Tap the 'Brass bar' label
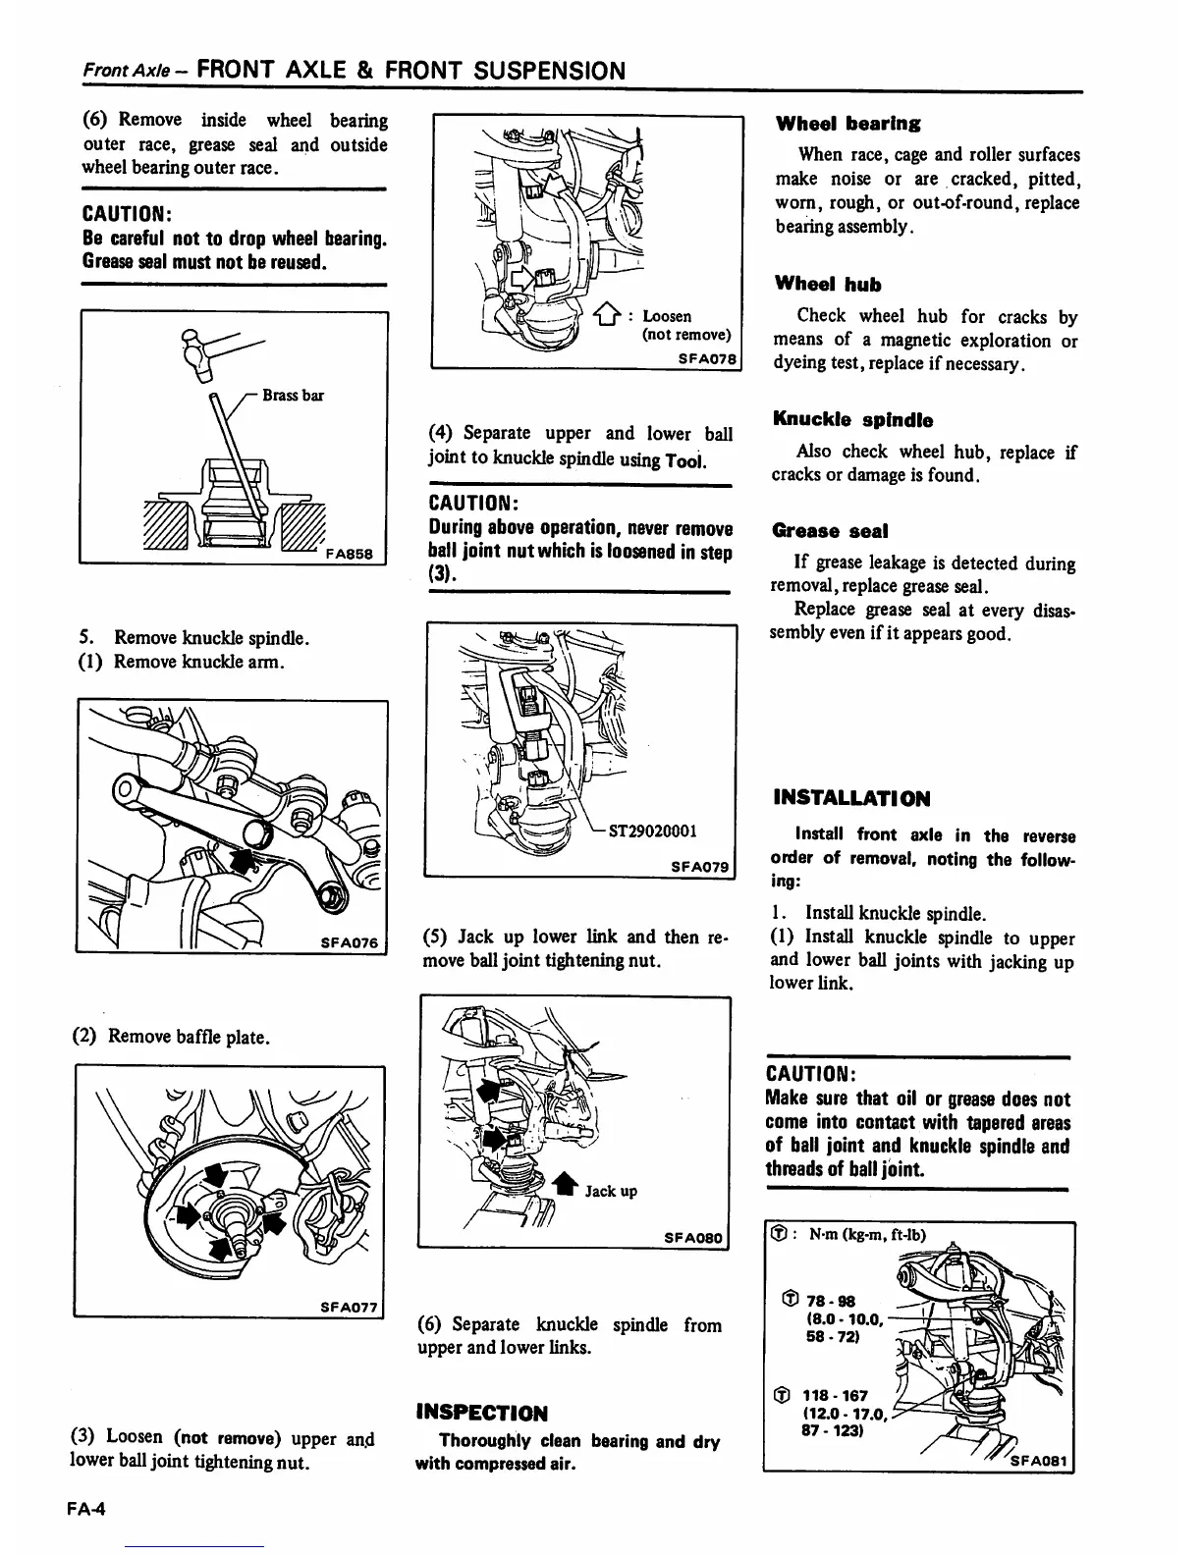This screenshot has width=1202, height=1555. point(293,396)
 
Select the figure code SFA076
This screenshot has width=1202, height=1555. point(350,942)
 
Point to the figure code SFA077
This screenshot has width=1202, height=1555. point(350,1307)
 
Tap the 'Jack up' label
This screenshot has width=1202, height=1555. point(611,1191)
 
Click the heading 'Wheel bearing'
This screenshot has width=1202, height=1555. point(847,124)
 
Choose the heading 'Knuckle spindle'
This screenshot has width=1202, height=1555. point(852,420)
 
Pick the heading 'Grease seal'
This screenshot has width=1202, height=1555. point(830,531)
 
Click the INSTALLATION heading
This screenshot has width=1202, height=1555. point(851,798)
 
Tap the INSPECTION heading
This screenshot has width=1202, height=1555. point(482,1413)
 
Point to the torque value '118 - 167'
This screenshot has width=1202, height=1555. point(835,1395)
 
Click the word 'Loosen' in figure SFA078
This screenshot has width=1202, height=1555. point(667,316)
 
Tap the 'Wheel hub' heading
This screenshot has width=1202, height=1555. point(827,285)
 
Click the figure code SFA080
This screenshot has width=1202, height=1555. point(695,1238)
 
